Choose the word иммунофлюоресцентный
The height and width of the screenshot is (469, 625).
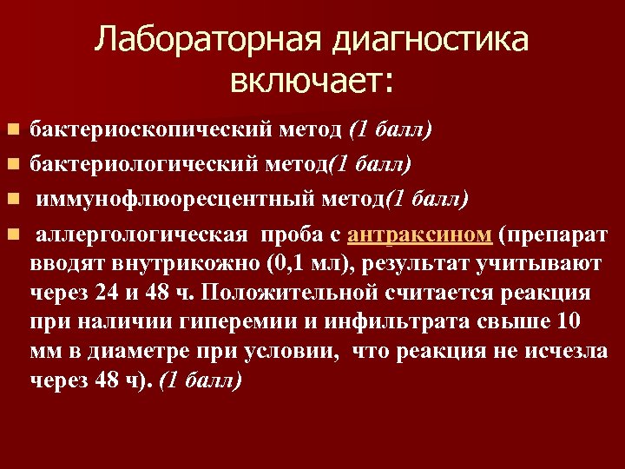(169, 200)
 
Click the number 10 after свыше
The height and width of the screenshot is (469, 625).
(569, 322)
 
